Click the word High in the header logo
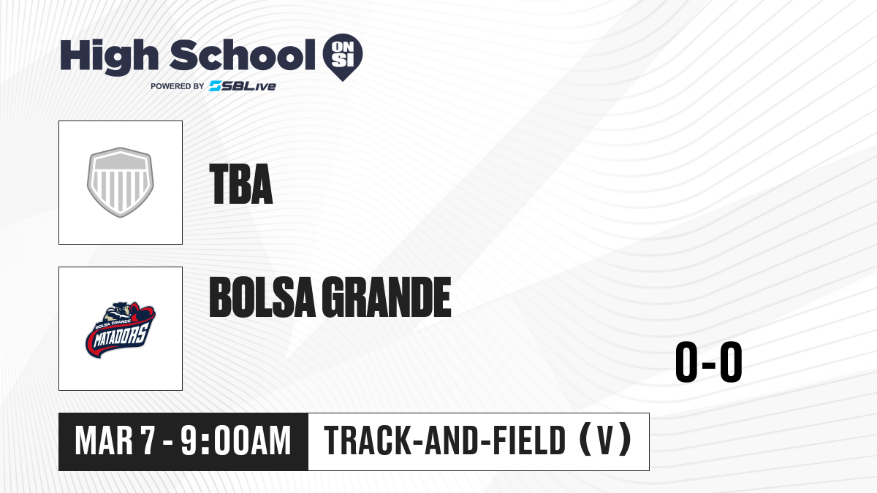tap(110, 56)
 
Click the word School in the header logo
tap(243, 55)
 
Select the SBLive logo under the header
tap(243, 86)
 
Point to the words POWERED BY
tap(178, 86)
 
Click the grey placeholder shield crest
tap(121, 183)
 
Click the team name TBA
tap(241, 184)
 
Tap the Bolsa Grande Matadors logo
tap(121, 329)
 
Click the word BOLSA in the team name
tap(262, 297)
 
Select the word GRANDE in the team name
tap(387, 297)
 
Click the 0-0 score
tap(709, 362)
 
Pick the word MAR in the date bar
tap(104, 441)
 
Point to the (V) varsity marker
tap(605, 441)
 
